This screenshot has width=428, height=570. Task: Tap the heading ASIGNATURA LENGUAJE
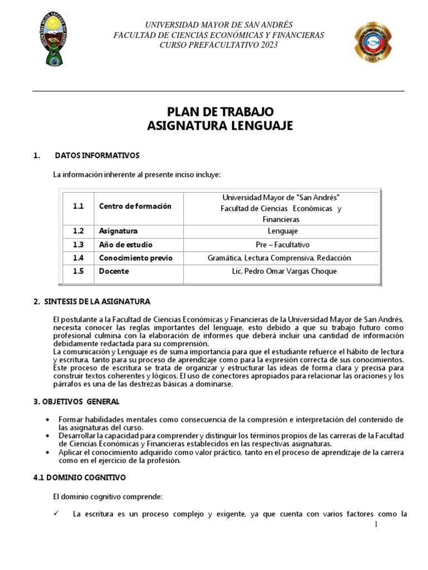click(x=220, y=126)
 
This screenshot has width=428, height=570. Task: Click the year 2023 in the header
click(x=267, y=45)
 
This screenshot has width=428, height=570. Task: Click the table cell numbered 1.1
click(x=78, y=206)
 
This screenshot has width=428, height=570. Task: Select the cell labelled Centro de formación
click(x=135, y=206)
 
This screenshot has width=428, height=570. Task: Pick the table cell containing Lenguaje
click(x=282, y=231)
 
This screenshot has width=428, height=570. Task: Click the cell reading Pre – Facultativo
click(x=282, y=244)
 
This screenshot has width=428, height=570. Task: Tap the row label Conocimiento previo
click(x=135, y=258)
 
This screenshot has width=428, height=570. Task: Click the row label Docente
click(x=114, y=271)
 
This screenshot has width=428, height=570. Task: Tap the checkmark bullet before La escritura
click(x=56, y=513)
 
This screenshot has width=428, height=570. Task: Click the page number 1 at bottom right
click(x=376, y=524)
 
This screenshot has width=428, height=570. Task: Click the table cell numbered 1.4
click(x=78, y=258)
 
